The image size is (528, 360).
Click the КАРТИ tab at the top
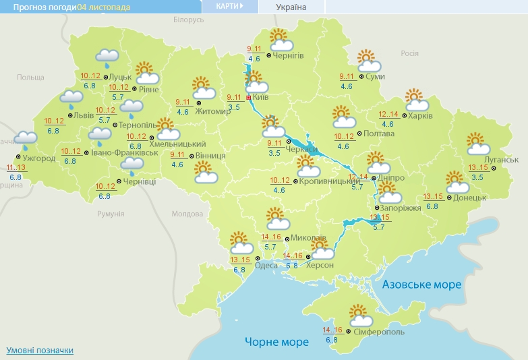230,6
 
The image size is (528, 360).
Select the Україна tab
291,7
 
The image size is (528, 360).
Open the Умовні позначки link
40,351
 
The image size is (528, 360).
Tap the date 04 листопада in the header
104,7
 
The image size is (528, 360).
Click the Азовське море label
421,284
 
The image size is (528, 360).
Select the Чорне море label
276,342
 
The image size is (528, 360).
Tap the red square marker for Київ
249,98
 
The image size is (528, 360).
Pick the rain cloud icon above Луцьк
107,57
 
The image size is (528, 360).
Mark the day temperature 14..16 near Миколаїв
271,237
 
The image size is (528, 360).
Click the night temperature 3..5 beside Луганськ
477,177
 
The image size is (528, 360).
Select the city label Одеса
266,266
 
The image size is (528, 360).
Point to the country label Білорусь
187,20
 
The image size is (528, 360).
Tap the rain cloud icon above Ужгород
26,140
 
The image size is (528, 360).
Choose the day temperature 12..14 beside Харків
388,115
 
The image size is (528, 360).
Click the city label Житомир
212,111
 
